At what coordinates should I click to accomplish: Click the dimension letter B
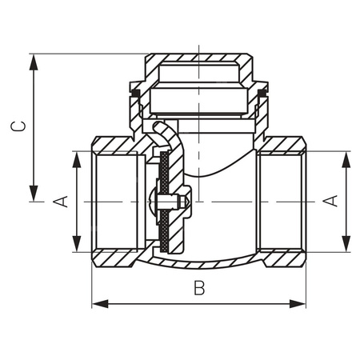pos(199,289)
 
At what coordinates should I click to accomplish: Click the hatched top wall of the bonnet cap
pos(197,58)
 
